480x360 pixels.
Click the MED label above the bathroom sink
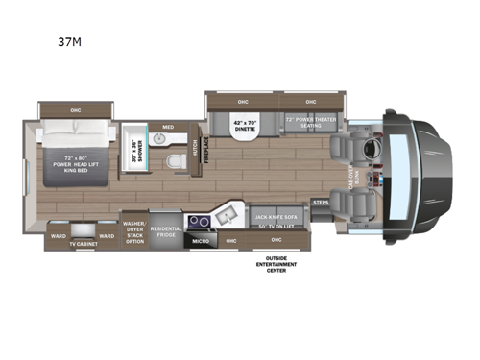168,126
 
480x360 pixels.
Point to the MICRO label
202,240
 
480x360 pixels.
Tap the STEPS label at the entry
321,203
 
